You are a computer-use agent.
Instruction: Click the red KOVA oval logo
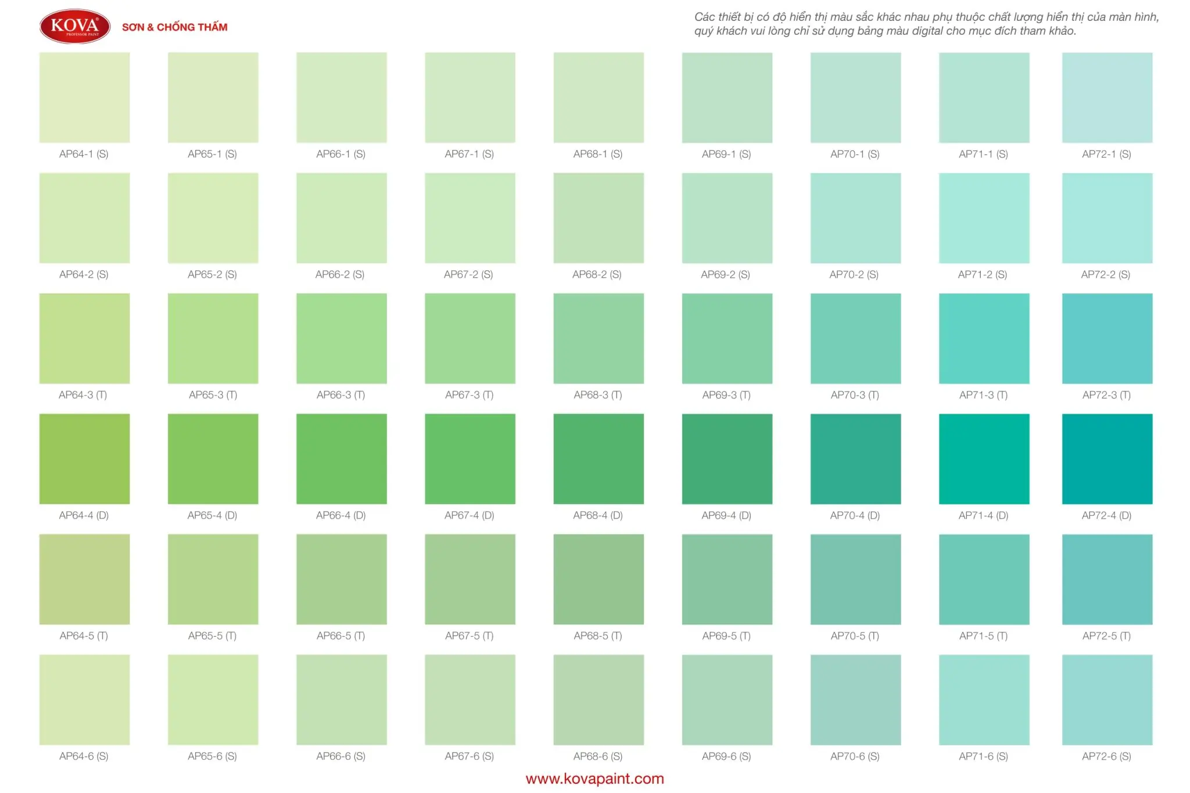(x=75, y=27)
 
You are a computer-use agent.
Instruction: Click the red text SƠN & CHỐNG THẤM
(x=174, y=27)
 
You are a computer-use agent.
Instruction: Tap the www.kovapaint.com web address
(x=594, y=778)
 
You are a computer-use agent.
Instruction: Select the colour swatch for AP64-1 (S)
(x=85, y=98)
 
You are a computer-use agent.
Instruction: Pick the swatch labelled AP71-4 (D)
(x=984, y=459)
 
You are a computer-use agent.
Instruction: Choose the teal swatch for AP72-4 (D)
(x=1107, y=459)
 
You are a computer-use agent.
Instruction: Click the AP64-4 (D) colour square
(x=85, y=459)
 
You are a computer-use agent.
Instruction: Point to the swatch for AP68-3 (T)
(x=598, y=339)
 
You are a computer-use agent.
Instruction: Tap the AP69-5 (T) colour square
(x=727, y=579)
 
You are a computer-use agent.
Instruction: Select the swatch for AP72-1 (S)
(x=1107, y=98)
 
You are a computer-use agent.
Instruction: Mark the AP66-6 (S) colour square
(x=342, y=699)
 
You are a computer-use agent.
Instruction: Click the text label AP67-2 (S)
(x=468, y=274)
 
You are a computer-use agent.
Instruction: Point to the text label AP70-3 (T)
(x=855, y=395)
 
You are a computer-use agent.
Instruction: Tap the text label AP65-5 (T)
(x=212, y=636)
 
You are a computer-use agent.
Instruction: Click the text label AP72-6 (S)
(x=1106, y=756)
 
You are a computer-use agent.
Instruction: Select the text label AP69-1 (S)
(x=726, y=154)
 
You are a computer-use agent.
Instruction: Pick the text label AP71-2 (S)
(x=983, y=274)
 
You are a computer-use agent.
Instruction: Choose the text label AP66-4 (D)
(x=340, y=515)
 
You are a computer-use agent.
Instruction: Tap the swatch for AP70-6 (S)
(x=855, y=699)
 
